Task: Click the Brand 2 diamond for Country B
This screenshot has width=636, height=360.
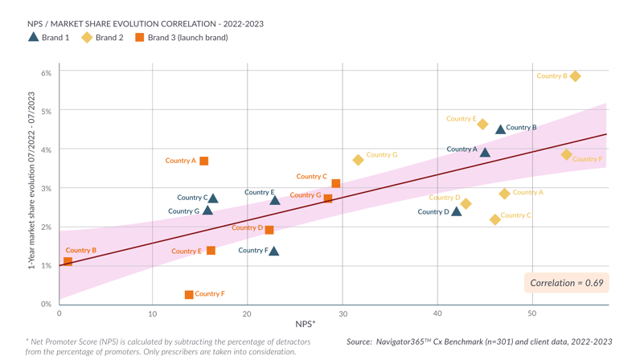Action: pyautogui.click(x=575, y=76)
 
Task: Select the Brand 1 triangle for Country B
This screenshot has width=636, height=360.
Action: pyautogui.click(x=501, y=129)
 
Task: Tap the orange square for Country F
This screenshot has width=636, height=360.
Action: pyautogui.click(x=189, y=295)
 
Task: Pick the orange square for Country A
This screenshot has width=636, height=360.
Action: pyautogui.click(x=204, y=162)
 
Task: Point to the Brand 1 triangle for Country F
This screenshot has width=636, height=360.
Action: pyautogui.click(x=274, y=252)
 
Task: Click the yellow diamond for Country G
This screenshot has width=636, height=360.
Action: pyautogui.click(x=359, y=160)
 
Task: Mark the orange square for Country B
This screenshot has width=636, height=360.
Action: pyautogui.click(x=68, y=261)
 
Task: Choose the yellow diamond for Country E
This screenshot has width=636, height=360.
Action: pyautogui.click(x=482, y=125)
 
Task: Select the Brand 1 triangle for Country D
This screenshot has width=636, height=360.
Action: pyautogui.click(x=457, y=212)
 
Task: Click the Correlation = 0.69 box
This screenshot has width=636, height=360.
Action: pyautogui.click(x=567, y=283)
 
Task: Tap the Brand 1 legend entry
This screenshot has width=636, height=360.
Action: pyautogui.click(x=49, y=37)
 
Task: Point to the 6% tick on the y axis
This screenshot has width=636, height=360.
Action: pyautogui.click(x=47, y=73)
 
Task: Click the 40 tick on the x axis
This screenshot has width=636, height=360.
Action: pyautogui.click(x=437, y=313)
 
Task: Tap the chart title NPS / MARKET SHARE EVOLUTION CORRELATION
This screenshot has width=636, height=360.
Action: pyautogui.click(x=146, y=24)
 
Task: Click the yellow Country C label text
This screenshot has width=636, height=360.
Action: pyautogui.click(x=515, y=215)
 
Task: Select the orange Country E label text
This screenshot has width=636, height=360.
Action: pyautogui.click(x=187, y=252)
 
